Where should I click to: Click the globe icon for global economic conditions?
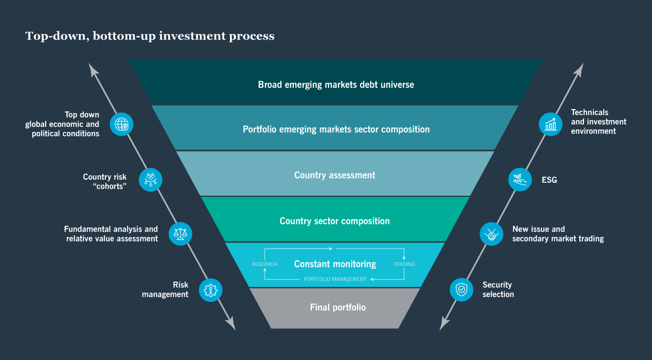[x=121, y=124]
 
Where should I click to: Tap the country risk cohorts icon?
[x=151, y=180]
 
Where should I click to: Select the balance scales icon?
[x=181, y=233]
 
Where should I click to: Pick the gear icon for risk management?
[x=210, y=290]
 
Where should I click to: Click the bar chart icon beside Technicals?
[x=550, y=124]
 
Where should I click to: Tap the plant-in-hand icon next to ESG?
[x=520, y=179]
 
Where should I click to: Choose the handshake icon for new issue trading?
[x=491, y=234]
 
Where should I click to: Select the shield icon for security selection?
[x=461, y=289]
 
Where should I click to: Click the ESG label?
[x=549, y=180]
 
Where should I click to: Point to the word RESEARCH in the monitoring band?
[x=265, y=264]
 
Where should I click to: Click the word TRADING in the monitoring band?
[x=404, y=264]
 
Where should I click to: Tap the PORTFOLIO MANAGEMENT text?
[x=335, y=279]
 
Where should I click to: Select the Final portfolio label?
[x=337, y=308]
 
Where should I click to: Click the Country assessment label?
[x=334, y=175]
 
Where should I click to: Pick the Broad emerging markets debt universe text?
[x=336, y=84]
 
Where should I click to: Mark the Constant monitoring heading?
[x=335, y=264]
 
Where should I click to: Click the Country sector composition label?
[x=334, y=221]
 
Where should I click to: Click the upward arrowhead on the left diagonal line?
[x=93, y=69]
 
